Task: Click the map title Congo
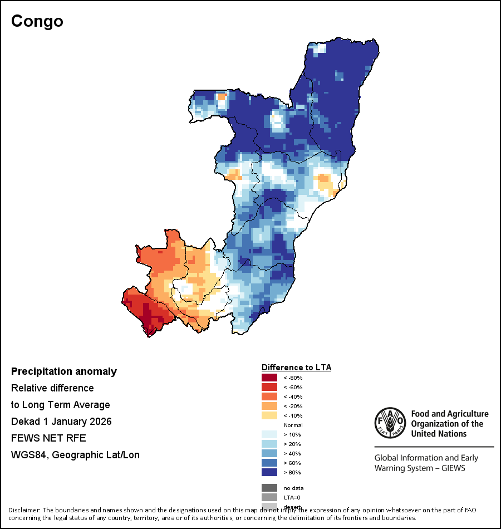point(37,21)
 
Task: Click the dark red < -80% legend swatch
point(269,378)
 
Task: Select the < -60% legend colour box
point(269,388)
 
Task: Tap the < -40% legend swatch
point(269,397)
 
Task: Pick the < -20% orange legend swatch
point(269,406)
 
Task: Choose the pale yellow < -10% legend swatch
point(269,416)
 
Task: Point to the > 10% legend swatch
point(269,435)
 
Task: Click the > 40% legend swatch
point(269,454)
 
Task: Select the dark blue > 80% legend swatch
point(269,473)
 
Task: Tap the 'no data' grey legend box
point(269,488)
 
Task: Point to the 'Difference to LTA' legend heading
point(296,368)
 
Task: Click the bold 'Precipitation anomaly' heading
point(64,371)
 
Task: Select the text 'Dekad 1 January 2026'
point(61,422)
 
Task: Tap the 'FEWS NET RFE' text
point(48,438)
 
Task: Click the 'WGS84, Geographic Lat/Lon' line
point(75,455)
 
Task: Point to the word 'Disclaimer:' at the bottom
point(24,510)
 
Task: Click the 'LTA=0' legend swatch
point(269,497)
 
